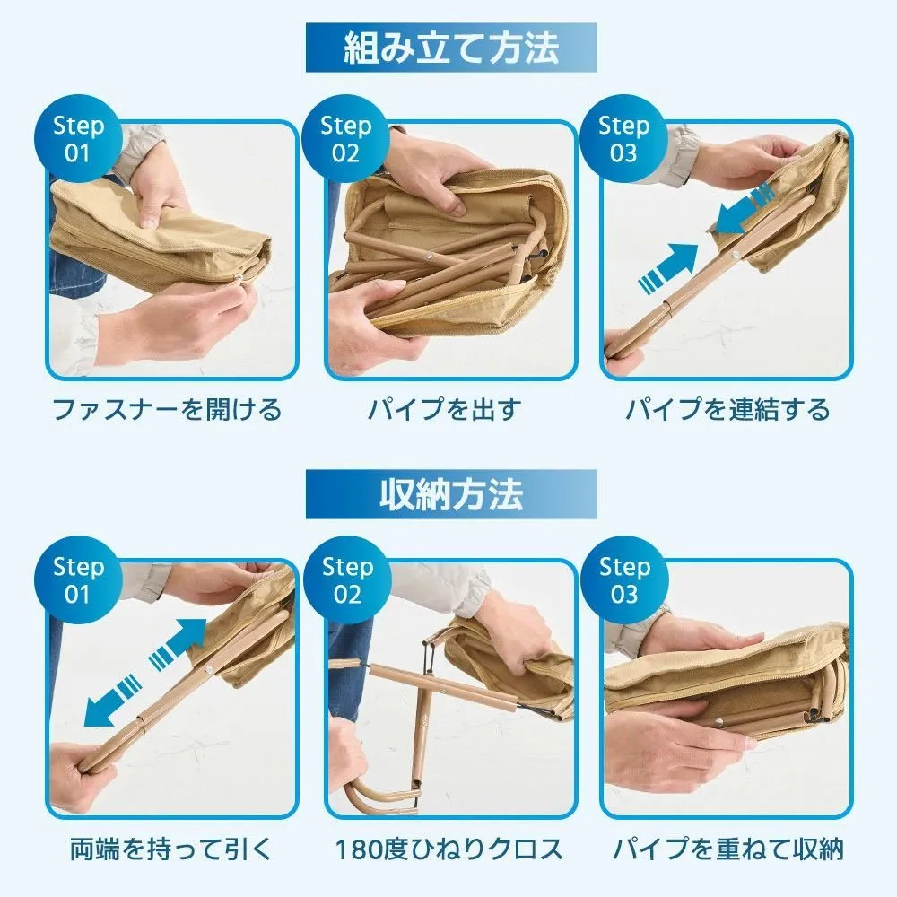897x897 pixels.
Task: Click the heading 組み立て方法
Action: [x=451, y=48]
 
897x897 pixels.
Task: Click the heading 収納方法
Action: [x=451, y=495]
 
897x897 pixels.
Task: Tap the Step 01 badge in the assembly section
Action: [x=78, y=139]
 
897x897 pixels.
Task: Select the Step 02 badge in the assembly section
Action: [x=345, y=139]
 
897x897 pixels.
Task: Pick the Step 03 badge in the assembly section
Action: [x=623, y=139]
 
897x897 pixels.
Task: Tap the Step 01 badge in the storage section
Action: [x=78, y=580]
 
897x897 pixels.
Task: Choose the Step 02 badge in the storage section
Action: [x=346, y=580]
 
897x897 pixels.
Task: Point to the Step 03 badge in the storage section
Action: [x=624, y=580]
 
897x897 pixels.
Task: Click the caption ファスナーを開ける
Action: [x=167, y=410]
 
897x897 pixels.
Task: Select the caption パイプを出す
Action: [x=445, y=410]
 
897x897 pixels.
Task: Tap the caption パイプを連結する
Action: [x=727, y=410]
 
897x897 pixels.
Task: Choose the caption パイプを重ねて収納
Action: [x=727, y=849]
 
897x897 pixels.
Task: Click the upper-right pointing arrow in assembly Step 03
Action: [x=669, y=268]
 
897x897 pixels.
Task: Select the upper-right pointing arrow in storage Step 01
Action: [x=178, y=643]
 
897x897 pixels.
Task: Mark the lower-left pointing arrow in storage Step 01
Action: [x=113, y=701]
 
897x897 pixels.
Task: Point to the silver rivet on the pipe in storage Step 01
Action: [x=209, y=667]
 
